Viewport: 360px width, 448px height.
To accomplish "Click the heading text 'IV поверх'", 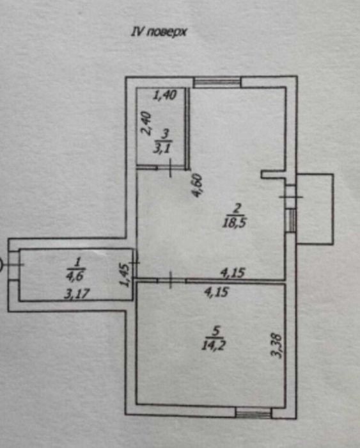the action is click(x=159, y=32).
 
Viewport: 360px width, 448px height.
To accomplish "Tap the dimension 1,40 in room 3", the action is click(x=165, y=95).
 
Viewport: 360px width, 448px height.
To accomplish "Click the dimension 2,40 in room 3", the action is click(x=145, y=123).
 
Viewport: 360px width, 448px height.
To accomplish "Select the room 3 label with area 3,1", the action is click(x=163, y=141).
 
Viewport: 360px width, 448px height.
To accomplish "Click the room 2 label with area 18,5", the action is click(x=235, y=216).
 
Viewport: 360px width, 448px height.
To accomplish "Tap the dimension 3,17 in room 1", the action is click(x=77, y=293).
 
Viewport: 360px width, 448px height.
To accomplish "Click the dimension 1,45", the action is click(x=125, y=275).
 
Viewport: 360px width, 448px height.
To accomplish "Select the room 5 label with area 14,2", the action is click(x=214, y=339).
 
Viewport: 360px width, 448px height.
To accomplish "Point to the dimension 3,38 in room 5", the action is click(x=276, y=346).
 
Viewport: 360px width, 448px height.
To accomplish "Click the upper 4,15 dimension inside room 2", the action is click(x=233, y=273).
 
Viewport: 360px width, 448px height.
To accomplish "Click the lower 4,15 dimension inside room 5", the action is click(x=216, y=292).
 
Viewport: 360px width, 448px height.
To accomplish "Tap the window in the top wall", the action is click(x=217, y=83).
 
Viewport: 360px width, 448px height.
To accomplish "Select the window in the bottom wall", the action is click(x=253, y=413).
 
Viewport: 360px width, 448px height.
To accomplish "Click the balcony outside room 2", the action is click(x=315, y=209).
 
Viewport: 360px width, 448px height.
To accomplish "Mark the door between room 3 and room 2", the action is click(x=171, y=168).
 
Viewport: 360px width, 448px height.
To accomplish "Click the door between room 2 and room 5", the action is click(x=171, y=280).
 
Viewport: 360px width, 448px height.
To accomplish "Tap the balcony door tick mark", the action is click(x=291, y=196).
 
